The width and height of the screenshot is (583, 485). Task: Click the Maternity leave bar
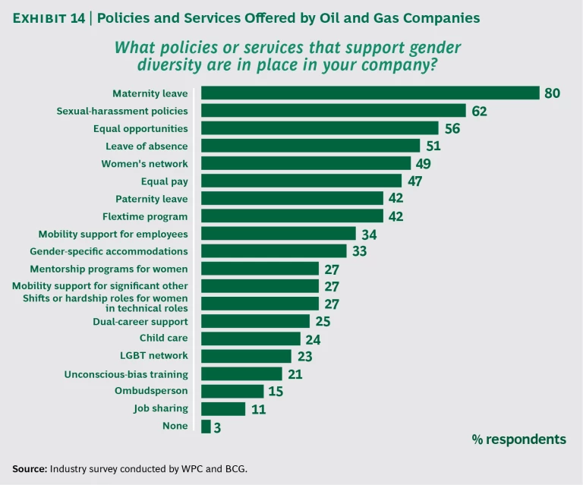(370, 93)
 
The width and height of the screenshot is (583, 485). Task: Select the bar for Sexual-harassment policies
(333, 111)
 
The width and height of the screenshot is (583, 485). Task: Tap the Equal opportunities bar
(320, 128)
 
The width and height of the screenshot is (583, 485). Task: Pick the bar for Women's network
(306, 163)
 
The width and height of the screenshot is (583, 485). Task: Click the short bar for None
(206, 426)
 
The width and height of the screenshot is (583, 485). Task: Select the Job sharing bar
(223, 408)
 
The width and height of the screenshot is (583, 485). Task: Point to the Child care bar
(251, 339)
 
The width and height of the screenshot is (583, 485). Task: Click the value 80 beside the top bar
(552, 93)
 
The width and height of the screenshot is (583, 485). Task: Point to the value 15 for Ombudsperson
(275, 391)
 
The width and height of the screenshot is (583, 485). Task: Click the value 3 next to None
(218, 427)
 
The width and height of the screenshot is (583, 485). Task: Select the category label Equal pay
(165, 181)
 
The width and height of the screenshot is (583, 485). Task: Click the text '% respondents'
(518, 439)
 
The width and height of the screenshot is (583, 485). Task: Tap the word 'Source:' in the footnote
(30, 468)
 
